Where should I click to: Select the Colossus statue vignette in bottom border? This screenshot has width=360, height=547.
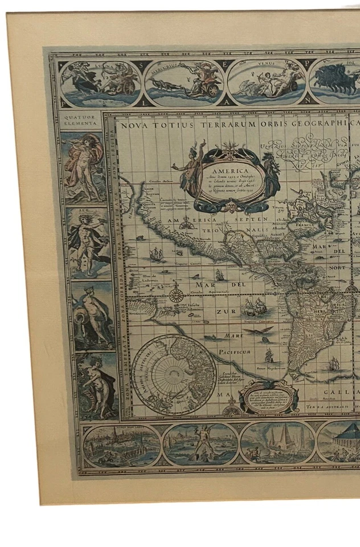(199, 444)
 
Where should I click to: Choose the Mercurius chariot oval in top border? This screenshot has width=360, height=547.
(184, 83)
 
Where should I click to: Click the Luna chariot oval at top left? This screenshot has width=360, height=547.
(100, 84)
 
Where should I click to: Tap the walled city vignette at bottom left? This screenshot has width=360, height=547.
(121, 446)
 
